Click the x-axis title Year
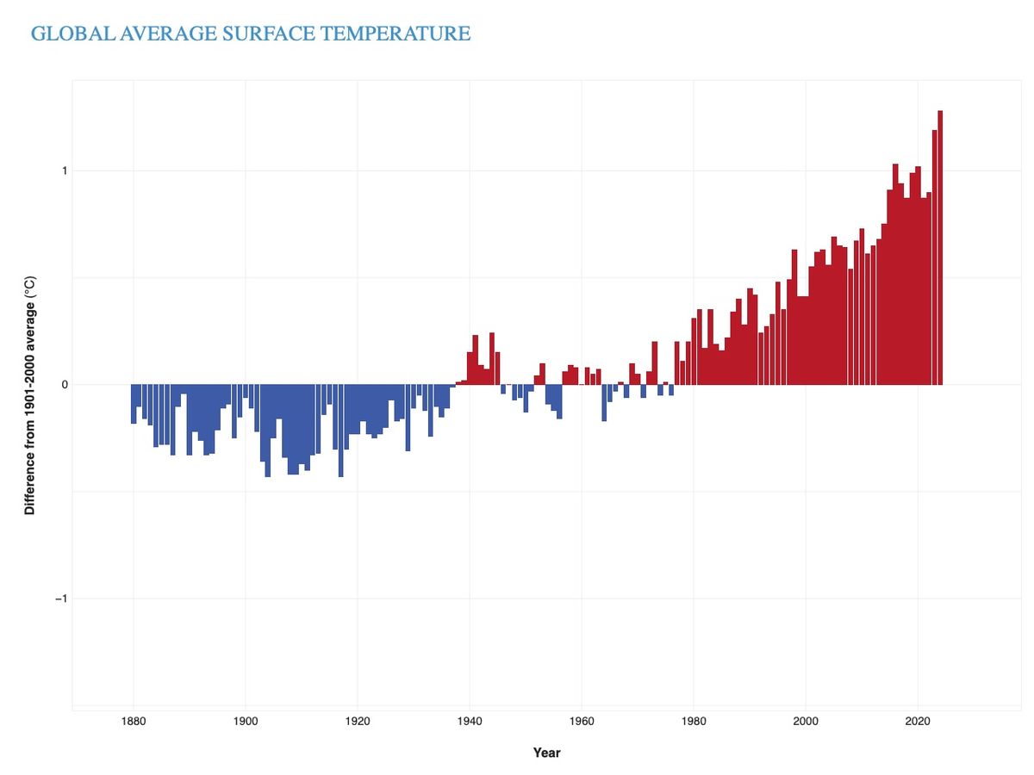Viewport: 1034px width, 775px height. pos(546,753)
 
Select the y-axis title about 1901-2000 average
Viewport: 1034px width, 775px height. pos(30,395)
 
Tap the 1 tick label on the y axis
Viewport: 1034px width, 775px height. pos(64,170)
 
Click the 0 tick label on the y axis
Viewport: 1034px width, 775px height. pos(64,385)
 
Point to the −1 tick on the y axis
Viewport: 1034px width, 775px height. pos(60,598)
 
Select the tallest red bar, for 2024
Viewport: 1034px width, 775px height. pos(940,250)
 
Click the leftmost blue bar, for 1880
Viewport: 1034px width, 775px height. pos(134,404)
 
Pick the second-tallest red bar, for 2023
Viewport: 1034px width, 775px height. pos(934,258)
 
